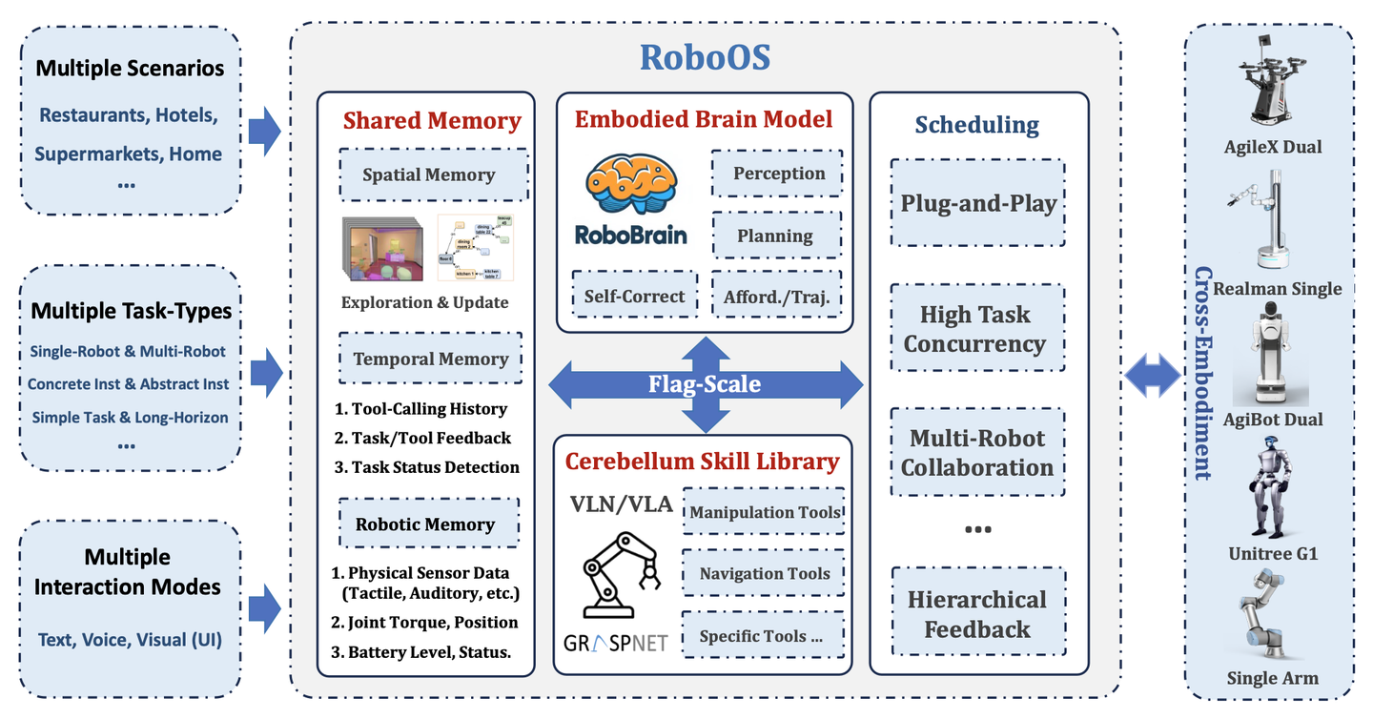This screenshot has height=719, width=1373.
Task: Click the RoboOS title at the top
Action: click(x=705, y=57)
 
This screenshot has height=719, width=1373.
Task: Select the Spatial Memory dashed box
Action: click(x=429, y=175)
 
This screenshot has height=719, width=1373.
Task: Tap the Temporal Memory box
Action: click(x=431, y=359)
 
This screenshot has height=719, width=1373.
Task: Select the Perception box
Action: click(x=778, y=174)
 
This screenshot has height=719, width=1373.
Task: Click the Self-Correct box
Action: click(x=634, y=296)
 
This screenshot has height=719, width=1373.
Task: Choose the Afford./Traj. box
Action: click(x=777, y=296)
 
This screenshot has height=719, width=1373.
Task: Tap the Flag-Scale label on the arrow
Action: click(x=705, y=384)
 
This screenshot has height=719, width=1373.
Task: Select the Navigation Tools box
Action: click(x=764, y=573)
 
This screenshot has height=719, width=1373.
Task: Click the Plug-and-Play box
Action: click(x=978, y=203)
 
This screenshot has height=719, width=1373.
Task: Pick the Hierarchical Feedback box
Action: click(x=977, y=614)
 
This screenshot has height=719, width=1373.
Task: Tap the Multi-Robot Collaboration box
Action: click(x=977, y=453)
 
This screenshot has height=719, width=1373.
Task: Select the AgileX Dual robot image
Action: click(x=1273, y=86)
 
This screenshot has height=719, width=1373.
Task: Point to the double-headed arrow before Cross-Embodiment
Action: click(x=1154, y=376)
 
